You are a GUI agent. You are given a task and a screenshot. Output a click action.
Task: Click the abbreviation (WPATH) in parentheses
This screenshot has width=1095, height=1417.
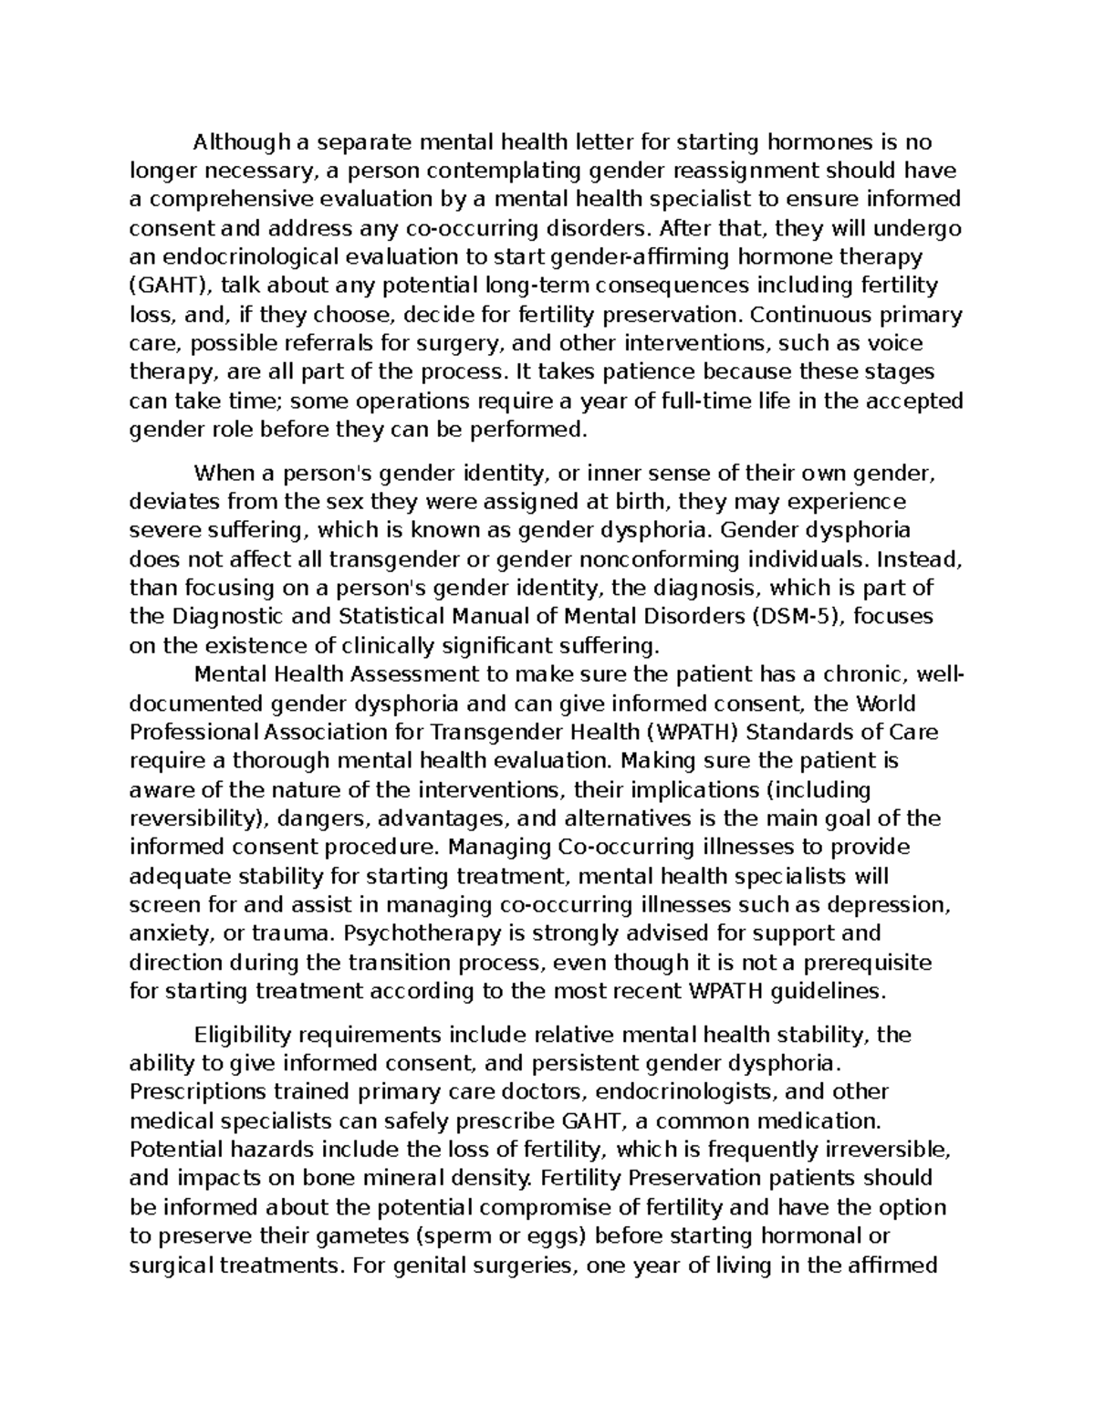pos(704,733)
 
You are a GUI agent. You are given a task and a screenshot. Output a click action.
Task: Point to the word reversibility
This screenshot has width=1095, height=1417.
pos(193,818)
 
